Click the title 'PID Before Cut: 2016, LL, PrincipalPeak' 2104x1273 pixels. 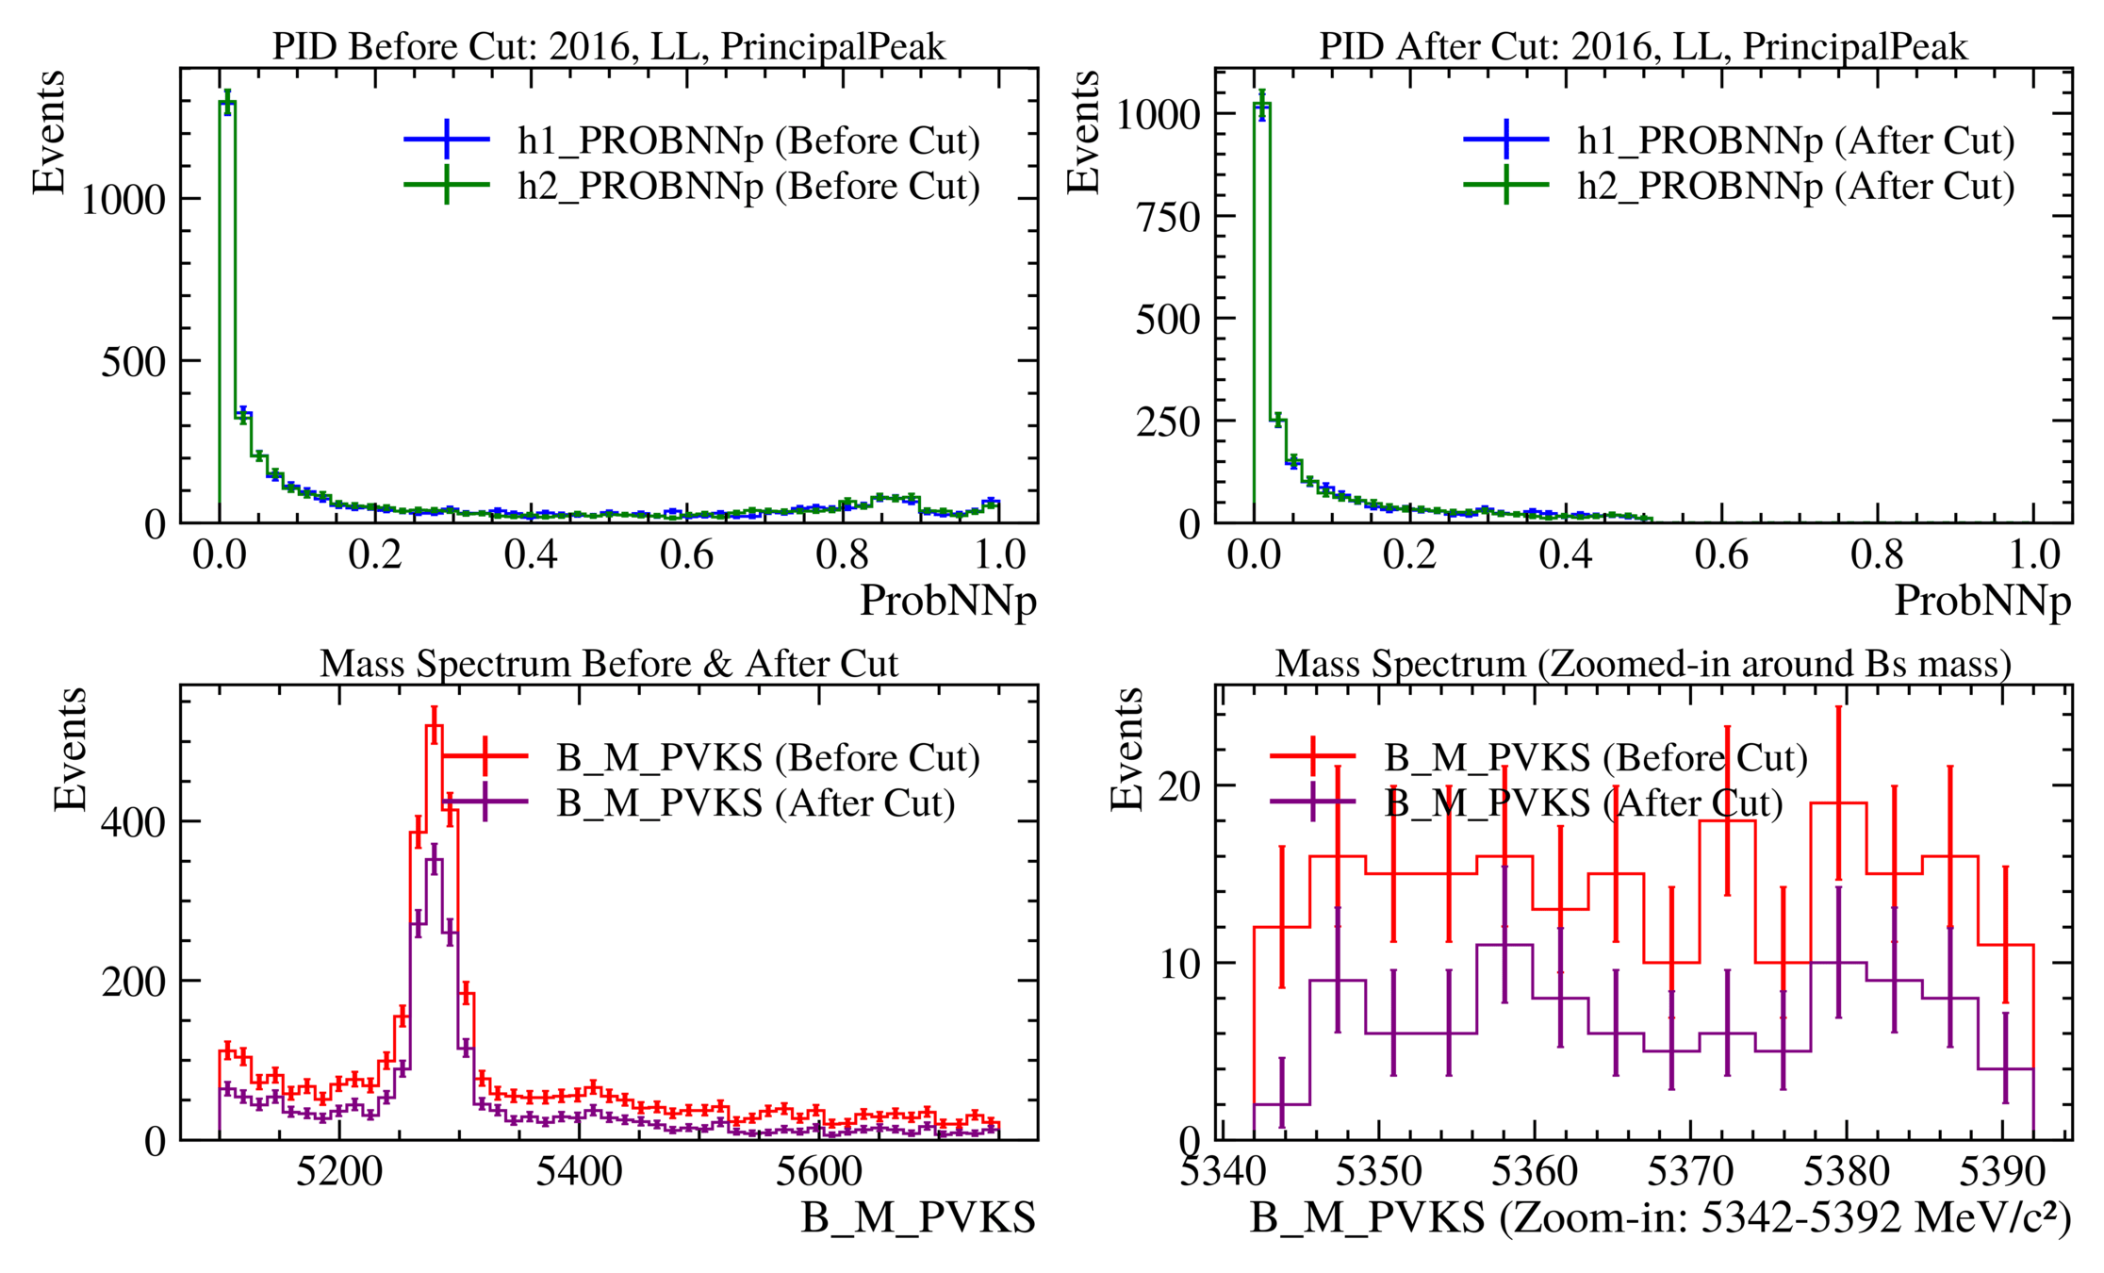[608, 46]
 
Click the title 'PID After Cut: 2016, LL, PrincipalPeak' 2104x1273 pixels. [1643, 46]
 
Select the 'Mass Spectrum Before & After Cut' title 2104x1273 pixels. [608, 664]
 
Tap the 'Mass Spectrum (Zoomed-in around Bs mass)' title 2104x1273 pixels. [1643, 664]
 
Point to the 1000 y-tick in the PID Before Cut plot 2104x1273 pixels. [123, 199]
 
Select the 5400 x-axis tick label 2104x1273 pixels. [579, 1172]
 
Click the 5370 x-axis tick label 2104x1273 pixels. [1690, 1172]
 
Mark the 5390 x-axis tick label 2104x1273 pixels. [2002, 1172]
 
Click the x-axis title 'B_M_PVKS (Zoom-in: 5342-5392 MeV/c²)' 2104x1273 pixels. [1660, 1218]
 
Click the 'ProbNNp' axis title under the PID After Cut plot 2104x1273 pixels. [1982, 602]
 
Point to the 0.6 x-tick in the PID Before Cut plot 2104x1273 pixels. [687, 555]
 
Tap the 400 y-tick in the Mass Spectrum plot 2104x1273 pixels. [133, 822]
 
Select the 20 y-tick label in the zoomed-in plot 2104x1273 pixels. [1179, 786]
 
